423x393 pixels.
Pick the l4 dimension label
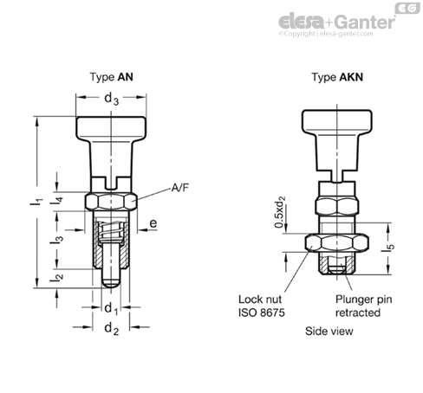58,198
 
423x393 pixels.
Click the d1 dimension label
110,308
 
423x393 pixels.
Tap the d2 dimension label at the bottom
110,328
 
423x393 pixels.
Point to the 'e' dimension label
153,223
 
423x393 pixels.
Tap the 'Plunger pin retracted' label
355,306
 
